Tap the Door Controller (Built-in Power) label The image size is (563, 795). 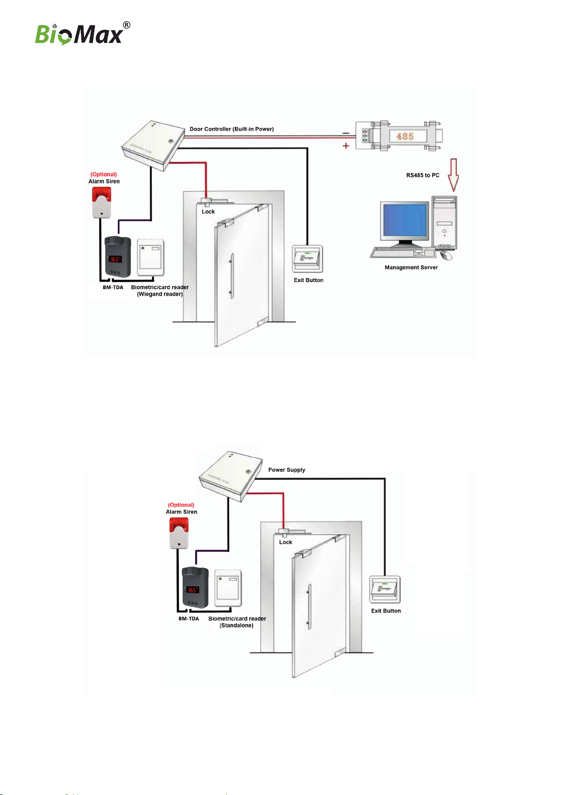231,129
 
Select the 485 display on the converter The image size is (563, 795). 405,136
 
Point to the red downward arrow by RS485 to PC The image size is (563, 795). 453,175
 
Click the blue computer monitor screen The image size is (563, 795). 405,220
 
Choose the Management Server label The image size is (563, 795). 411,268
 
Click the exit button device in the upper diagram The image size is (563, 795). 307,259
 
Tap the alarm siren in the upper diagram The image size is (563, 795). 102,202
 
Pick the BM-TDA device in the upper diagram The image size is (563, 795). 118,257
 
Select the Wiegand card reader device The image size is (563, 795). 151,258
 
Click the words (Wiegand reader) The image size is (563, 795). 160,294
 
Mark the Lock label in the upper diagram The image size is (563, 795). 208,212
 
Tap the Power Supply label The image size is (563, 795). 287,470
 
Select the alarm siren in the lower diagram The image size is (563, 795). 179,533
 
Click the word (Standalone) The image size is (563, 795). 236,626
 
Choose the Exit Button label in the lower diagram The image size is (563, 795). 386,611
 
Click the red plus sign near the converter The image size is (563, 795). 346,146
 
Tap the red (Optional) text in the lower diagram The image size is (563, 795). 181,505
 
